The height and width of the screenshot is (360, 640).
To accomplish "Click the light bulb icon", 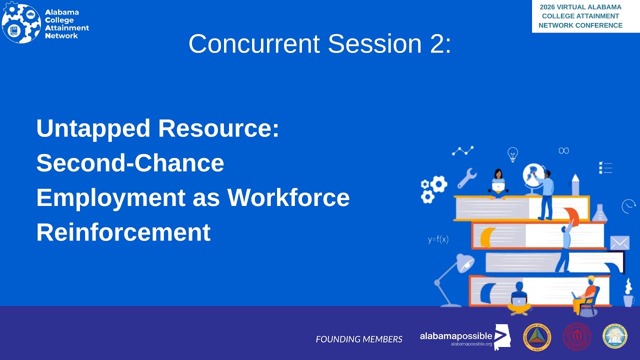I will pos(512,154).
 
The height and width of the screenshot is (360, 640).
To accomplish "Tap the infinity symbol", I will pos(563,150).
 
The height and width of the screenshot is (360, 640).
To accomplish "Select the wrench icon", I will pos(467,178).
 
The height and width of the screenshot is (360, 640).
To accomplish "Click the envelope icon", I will pos(619,242).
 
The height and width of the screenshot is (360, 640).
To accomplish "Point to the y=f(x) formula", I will pos(438,239).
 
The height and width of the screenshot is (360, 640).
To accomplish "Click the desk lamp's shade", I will pos(465,263).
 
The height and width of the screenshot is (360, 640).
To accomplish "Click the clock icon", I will pos(628,206).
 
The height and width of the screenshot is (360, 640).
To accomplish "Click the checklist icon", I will pos(605,167).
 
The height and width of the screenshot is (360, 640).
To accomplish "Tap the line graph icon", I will pos(462,150).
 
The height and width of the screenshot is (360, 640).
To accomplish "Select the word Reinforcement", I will pos(123,232).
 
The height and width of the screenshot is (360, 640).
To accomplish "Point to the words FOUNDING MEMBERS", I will pos(359,339).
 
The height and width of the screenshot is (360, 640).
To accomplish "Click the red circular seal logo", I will pos(577,336).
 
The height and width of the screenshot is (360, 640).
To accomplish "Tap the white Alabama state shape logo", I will pos(502,337).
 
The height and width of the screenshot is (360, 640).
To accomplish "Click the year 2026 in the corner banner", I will pos(548,7).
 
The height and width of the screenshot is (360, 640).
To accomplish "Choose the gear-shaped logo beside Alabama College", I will pos(21,23).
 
